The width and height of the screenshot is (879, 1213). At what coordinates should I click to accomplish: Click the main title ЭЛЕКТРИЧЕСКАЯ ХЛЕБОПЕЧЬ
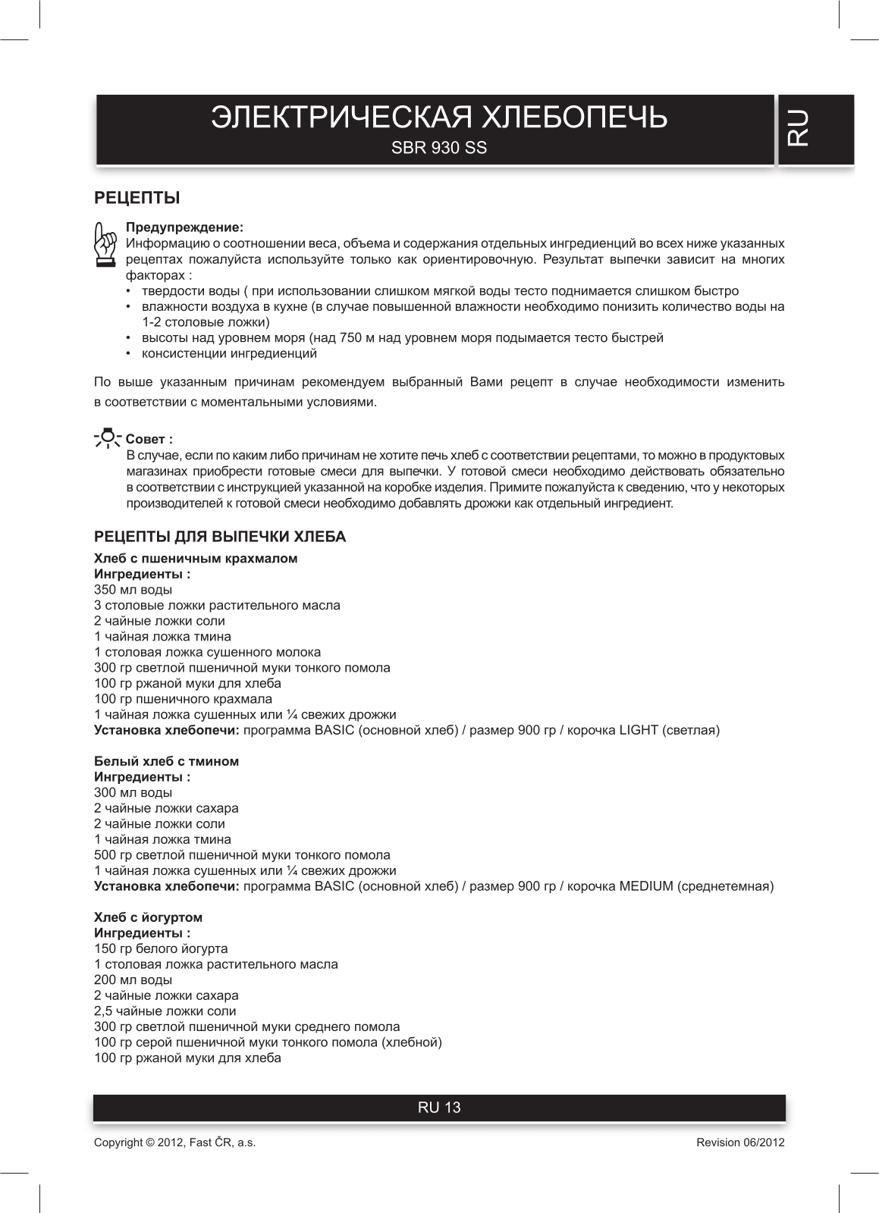(439, 118)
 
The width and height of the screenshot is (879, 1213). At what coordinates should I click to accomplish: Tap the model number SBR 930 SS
(439, 149)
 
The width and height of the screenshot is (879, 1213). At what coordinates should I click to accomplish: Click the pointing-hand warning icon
(105, 244)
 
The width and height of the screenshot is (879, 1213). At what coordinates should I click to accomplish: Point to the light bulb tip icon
(107, 437)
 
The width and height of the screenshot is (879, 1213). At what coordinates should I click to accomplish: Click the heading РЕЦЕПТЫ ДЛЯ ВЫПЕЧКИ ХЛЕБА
(219, 537)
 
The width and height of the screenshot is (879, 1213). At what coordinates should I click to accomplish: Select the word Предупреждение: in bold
(184, 227)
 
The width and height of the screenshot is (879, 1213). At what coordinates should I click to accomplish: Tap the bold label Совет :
(149, 439)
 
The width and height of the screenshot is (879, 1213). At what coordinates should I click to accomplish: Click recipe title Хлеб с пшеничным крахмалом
(196, 559)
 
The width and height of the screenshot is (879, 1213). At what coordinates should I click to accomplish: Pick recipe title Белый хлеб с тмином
(166, 761)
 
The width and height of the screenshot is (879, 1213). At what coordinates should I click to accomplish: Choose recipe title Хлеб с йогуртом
(148, 917)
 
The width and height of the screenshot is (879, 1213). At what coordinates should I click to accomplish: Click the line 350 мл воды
(133, 590)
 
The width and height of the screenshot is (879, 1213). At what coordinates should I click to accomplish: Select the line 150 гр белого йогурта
(161, 948)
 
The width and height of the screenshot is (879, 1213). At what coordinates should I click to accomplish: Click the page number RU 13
(439, 1108)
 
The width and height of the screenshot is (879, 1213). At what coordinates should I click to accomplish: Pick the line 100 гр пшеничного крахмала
(183, 699)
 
